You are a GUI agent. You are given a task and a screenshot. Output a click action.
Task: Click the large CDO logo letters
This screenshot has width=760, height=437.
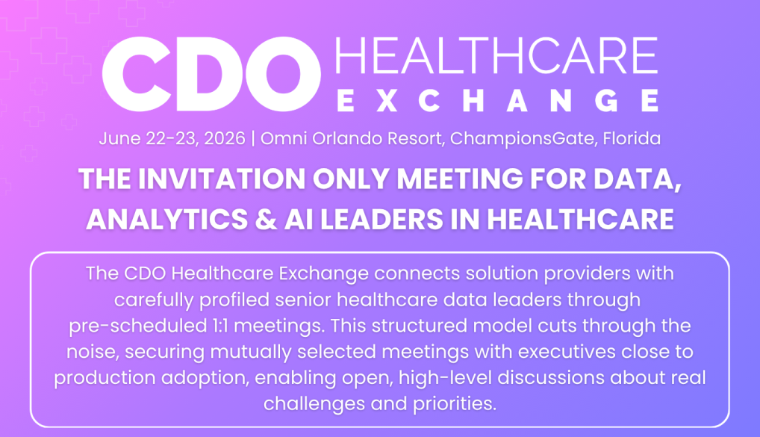click(211, 74)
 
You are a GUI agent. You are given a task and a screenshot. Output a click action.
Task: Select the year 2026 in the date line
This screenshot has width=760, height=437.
click(225, 139)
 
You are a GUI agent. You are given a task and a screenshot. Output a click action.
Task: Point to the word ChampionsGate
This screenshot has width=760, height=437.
click(523, 139)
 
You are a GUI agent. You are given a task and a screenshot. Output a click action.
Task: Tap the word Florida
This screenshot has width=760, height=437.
click(632, 139)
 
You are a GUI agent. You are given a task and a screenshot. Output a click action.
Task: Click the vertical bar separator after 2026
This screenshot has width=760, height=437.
click(253, 139)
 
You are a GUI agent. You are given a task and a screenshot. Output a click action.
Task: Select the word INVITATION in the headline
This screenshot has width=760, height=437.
click(223, 179)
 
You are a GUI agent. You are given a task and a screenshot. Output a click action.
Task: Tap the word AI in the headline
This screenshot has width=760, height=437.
click(299, 219)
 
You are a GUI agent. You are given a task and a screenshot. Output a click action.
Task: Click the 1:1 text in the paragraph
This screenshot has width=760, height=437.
click(220, 326)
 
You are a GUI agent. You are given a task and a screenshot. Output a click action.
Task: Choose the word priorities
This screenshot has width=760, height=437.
click(455, 404)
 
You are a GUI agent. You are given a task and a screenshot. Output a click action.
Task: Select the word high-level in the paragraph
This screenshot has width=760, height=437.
click(445, 378)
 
